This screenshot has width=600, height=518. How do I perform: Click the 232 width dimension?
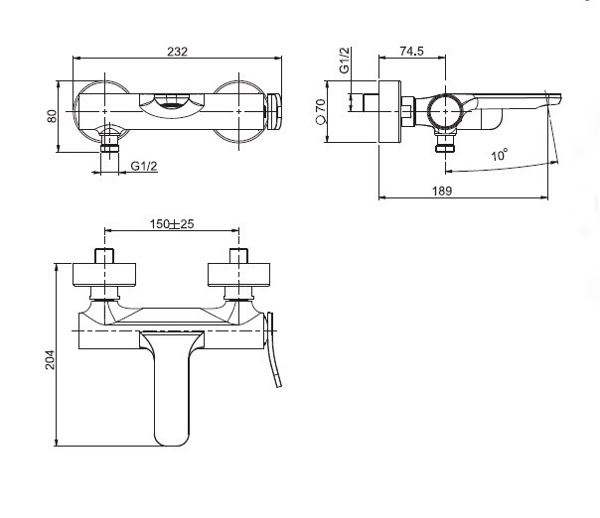coord(178,52)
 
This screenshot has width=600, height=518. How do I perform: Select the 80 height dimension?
coord(52,116)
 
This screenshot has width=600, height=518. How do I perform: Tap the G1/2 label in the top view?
coord(144,167)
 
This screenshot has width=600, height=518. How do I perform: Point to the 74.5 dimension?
coord(411,52)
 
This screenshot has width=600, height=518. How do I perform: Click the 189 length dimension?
coord(442,191)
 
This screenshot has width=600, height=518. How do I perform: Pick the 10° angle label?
coord(500,155)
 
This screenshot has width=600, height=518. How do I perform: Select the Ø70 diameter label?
coord(320,111)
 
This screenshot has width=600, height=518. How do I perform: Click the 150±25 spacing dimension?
coord(172,224)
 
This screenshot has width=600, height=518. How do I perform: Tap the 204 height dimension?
coord(50,360)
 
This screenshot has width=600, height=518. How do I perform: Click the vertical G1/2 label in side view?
coord(345,60)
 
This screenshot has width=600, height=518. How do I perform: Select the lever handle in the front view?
coord(274,349)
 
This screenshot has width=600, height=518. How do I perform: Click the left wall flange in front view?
coord(105,275)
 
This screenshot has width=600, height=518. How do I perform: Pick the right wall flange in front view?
coord(238,275)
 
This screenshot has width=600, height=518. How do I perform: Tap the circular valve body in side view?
coord(445,111)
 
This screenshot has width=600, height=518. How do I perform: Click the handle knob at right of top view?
coord(274,111)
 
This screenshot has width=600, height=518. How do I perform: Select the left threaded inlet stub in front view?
coord(104,256)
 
